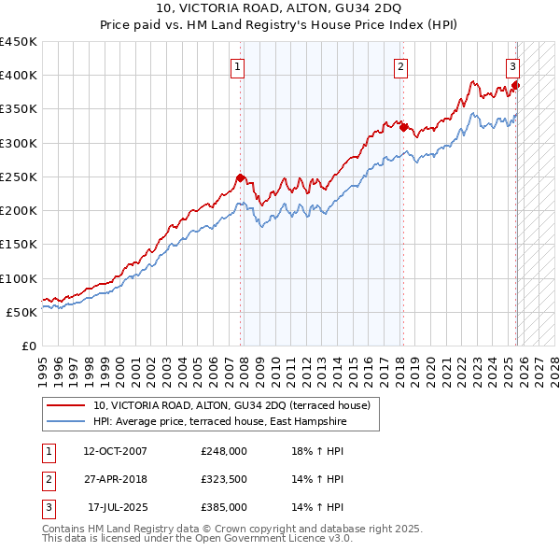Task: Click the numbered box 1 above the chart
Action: tap(239, 66)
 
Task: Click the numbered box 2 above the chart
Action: tap(400, 66)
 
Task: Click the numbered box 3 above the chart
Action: tap(513, 66)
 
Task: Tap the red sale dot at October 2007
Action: tap(240, 177)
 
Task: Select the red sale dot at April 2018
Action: tap(403, 127)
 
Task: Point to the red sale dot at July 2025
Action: tap(516, 86)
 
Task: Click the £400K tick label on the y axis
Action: tap(19, 76)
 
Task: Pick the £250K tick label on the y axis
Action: tap(19, 177)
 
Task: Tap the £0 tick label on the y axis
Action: tap(28, 346)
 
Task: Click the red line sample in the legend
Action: tap(67, 405)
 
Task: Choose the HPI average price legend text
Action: tap(219, 422)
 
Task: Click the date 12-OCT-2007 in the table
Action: tap(115, 450)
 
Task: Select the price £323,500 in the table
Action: tap(224, 479)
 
